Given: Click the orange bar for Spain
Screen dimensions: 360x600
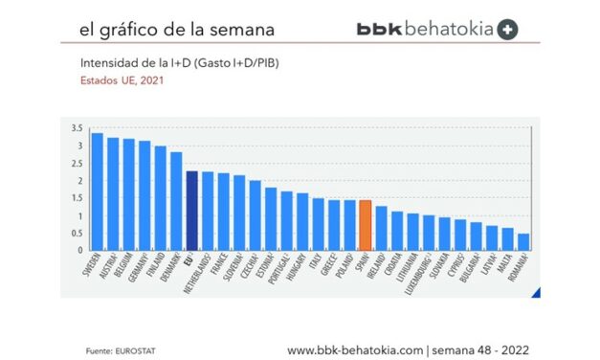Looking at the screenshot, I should coord(365,225).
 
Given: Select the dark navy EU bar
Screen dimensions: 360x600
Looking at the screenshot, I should coord(191,211).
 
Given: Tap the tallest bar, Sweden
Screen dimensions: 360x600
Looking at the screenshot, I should coord(97,191).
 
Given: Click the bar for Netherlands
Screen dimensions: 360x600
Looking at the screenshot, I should coord(207,211).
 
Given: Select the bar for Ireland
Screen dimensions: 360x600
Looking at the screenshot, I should coord(381,228).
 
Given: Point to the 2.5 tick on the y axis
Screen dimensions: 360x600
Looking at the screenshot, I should coord(78,164).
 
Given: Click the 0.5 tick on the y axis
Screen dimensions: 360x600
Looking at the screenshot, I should coord(78,234).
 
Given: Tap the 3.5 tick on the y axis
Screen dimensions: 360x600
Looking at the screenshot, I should coord(78,128).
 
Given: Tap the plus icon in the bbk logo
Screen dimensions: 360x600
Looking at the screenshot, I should coord(508,30).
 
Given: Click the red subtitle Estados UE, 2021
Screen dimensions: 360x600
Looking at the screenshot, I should coord(122,80).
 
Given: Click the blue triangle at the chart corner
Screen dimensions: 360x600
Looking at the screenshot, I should coord(536,292).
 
